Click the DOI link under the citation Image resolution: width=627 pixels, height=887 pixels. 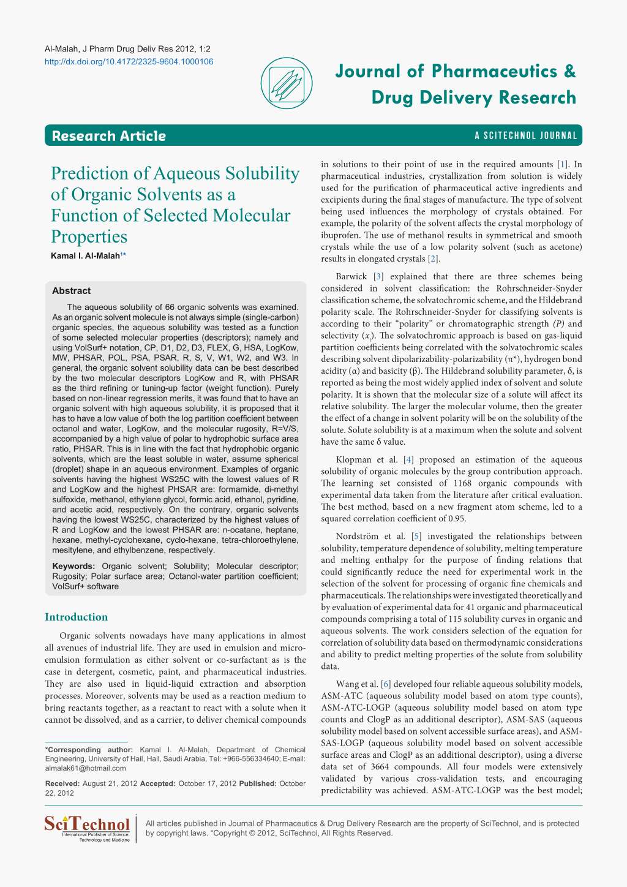[x=129, y=61]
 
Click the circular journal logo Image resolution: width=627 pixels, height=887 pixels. [x=287, y=83]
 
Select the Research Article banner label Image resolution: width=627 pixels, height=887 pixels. [x=109, y=136]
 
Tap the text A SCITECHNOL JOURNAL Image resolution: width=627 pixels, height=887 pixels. [x=526, y=136]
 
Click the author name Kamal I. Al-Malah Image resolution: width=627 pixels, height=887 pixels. [x=86, y=255]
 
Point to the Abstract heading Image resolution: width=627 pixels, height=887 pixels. [x=71, y=291]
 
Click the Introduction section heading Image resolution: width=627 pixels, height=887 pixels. [x=77, y=617]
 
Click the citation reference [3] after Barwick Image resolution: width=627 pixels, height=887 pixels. [x=378, y=277]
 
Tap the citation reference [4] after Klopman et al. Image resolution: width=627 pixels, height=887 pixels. [x=408, y=459]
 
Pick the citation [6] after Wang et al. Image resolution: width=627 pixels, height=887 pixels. [x=386, y=684]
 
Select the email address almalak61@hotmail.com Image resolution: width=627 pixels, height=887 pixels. [x=86, y=768]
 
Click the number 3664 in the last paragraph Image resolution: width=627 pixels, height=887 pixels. [x=372, y=767]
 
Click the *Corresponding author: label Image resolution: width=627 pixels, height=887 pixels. [x=89, y=750]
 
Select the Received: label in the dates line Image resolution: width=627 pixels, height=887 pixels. [x=62, y=783]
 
